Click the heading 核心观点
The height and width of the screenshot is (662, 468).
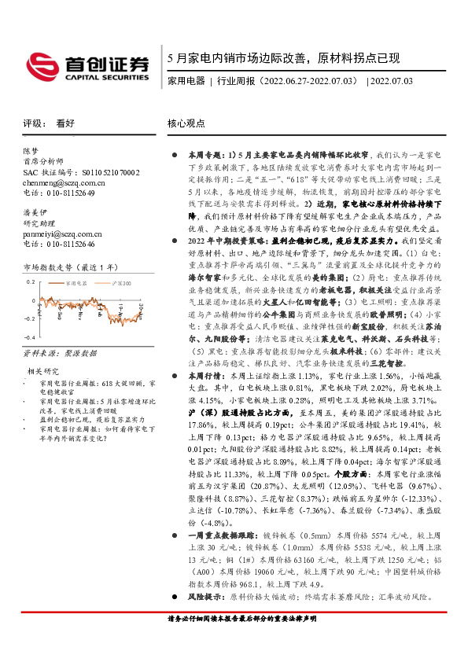tap(186, 124)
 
